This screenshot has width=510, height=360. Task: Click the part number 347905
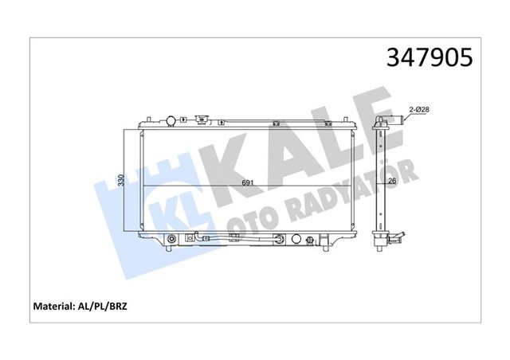coord(429,58)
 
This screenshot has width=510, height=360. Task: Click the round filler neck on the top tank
coord(169,121)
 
